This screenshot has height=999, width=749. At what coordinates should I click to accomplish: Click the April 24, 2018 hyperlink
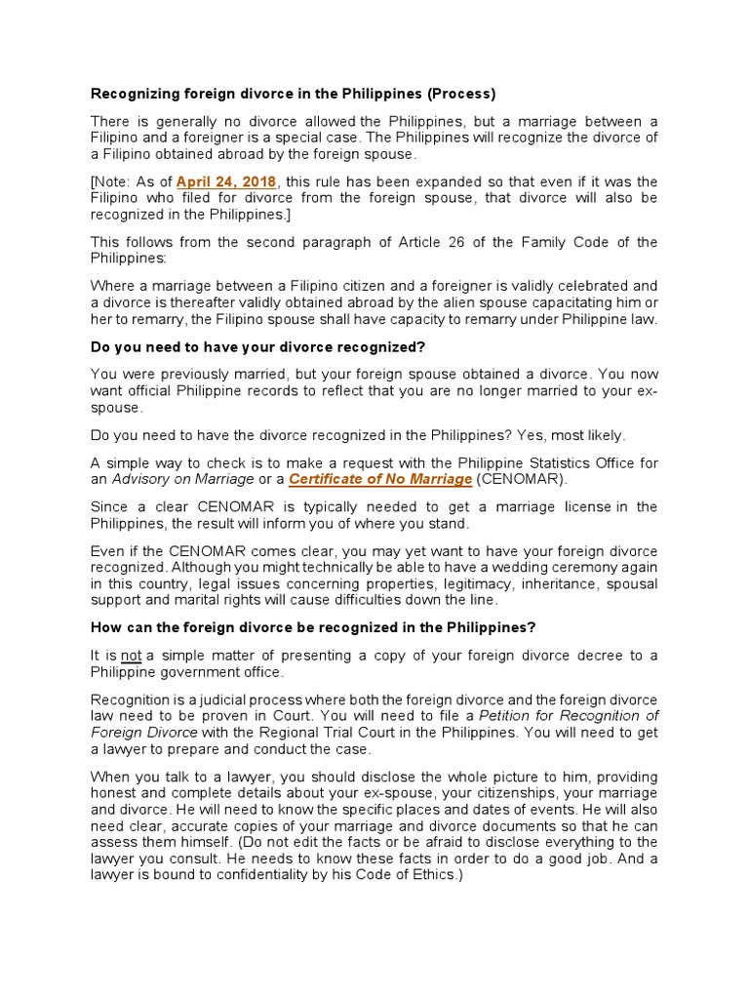pos(226,181)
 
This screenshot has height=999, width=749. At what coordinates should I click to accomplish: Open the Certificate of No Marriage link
pos(380,479)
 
